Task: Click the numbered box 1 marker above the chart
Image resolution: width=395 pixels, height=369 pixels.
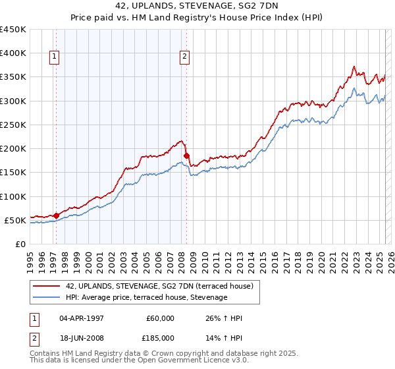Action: tap(53, 57)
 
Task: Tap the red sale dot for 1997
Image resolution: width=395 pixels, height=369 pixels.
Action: tap(56, 215)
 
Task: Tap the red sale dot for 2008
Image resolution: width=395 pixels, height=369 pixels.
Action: tap(186, 156)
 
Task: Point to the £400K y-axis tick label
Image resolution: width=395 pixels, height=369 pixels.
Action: tap(13, 53)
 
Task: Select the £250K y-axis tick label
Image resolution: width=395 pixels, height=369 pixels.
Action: tap(13, 125)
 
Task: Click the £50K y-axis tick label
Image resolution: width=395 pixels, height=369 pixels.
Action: tap(16, 220)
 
